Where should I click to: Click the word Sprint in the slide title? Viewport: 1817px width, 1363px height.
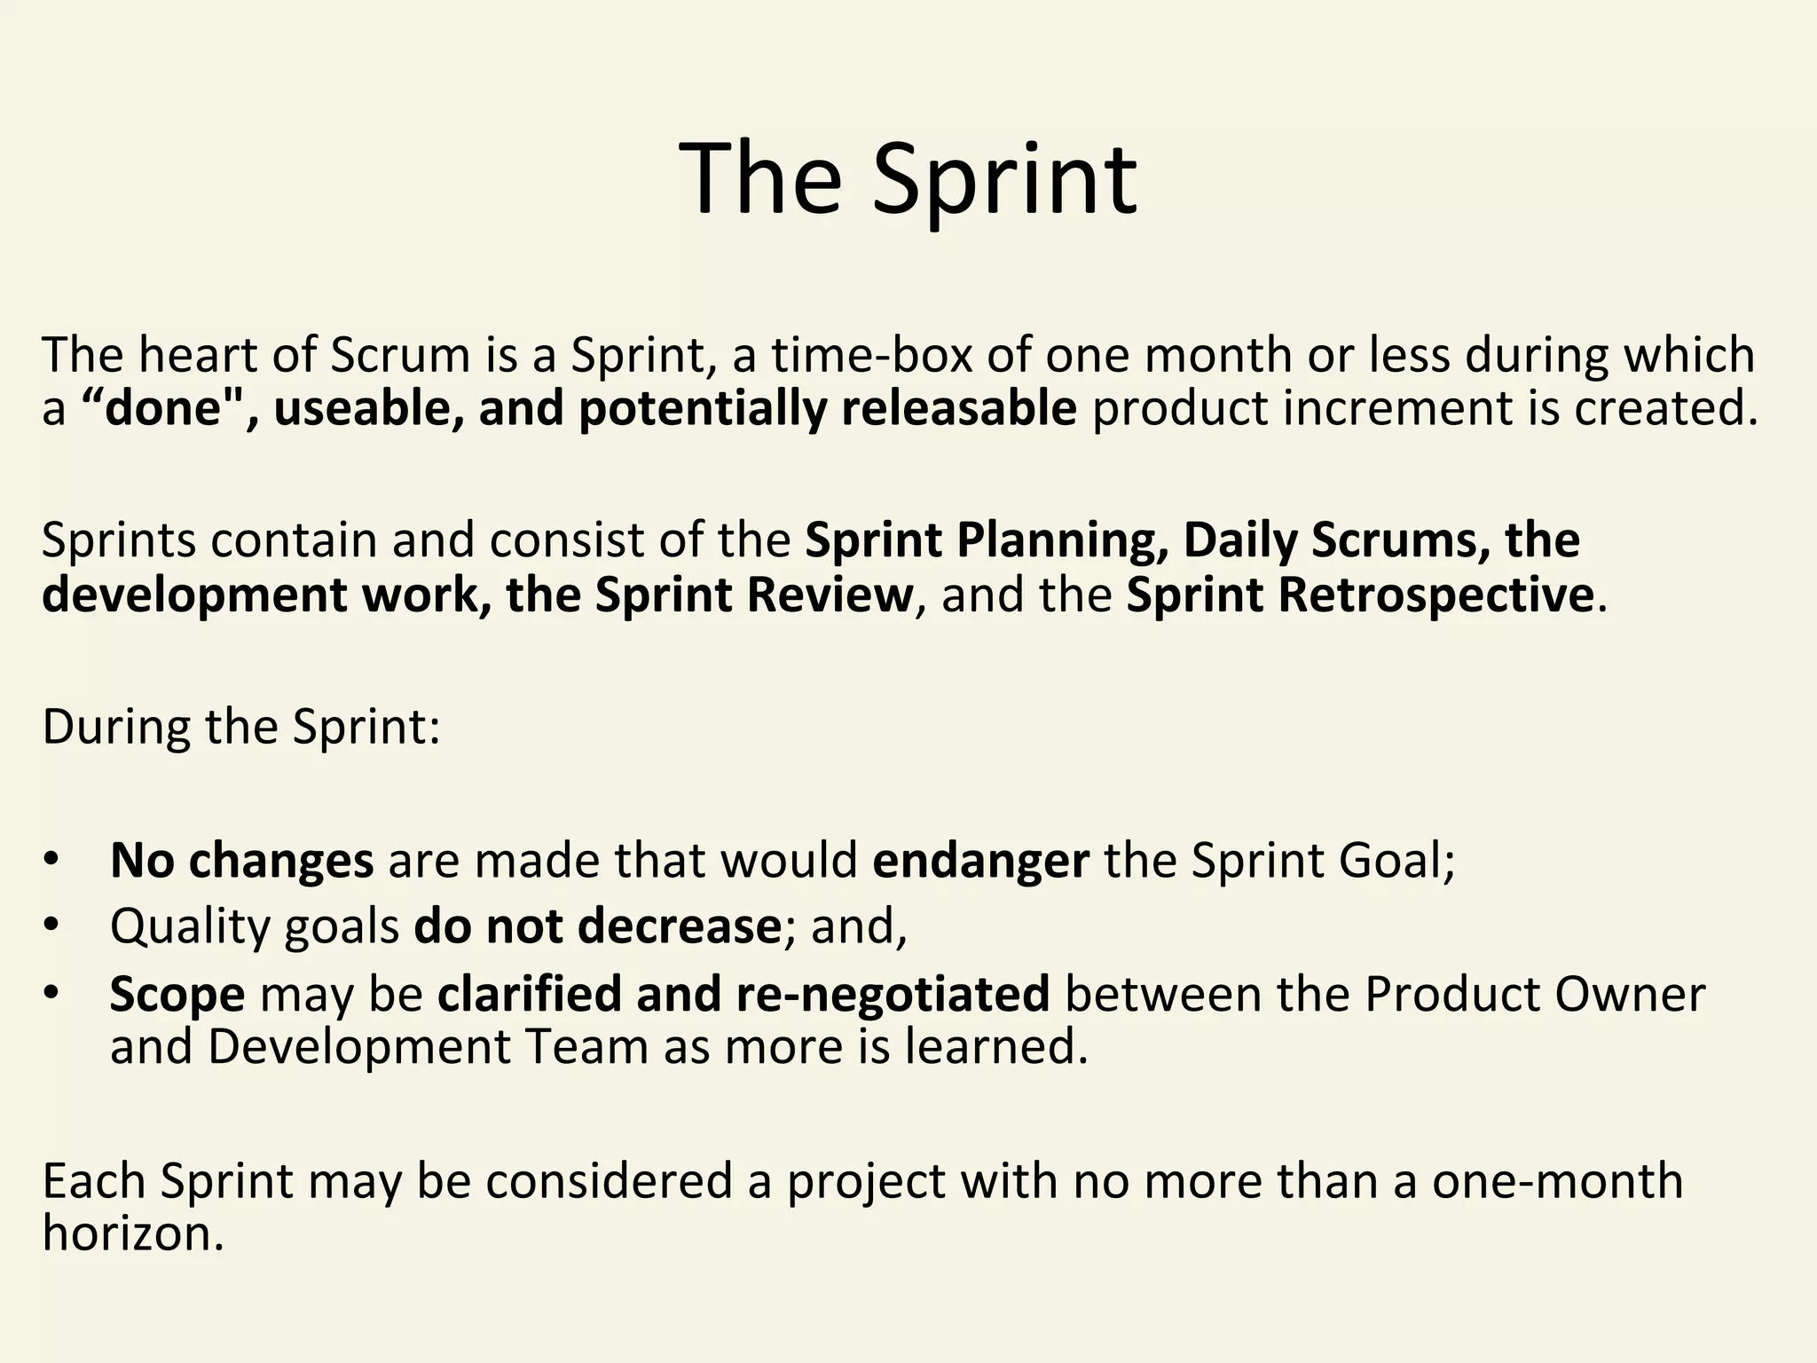click(x=1004, y=180)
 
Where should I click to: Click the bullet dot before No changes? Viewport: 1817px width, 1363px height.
click(x=51, y=860)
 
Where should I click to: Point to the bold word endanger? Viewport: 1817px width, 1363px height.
click(x=980, y=860)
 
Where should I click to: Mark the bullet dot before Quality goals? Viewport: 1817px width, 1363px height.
click(x=51, y=926)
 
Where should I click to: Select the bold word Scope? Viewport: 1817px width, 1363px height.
click(x=177, y=994)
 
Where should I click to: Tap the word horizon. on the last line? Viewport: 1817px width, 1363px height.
click(x=133, y=1233)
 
